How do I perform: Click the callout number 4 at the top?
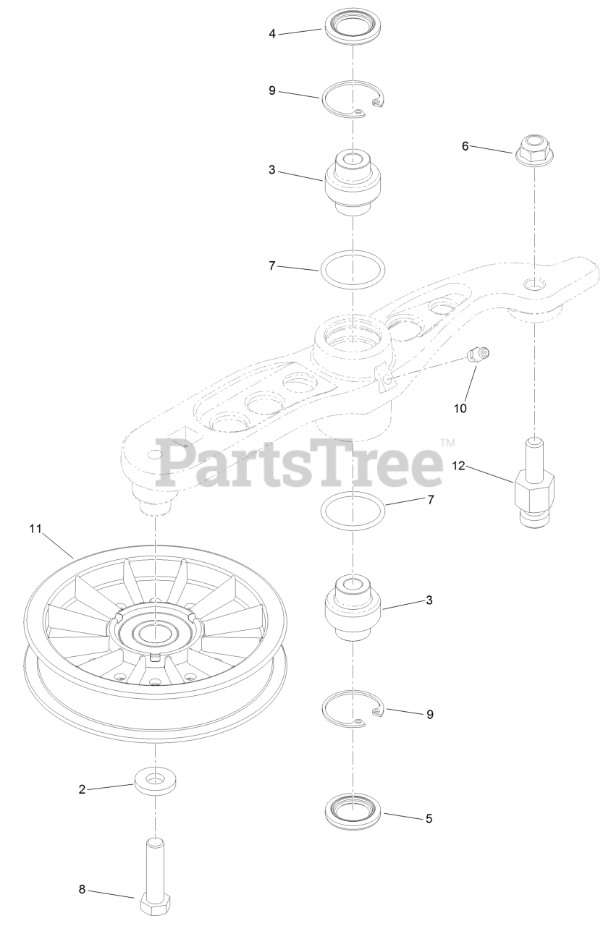tap(272, 33)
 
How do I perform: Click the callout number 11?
tap(35, 529)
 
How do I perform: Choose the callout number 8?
tap(82, 890)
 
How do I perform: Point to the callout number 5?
tap(429, 819)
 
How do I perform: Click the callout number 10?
tap(460, 409)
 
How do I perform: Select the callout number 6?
tap(465, 146)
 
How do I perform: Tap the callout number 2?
tap(82, 789)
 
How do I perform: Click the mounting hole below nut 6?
tap(534, 284)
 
